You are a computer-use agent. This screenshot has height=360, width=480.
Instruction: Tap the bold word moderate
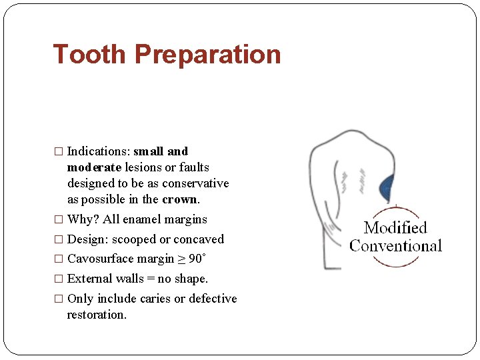pyautogui.click(x=93, y=167)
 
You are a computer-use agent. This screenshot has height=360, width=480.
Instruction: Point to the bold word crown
pyautogui.click(x=179, y=199)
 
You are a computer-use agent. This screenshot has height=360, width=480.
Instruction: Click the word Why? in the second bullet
pyautogui.click(x=83, y=219)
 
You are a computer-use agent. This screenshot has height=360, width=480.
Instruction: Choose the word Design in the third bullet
pyautogui.click(x=85, y=239)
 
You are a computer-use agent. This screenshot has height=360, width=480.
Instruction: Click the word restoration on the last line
pyautogui.click(x=97, y=315)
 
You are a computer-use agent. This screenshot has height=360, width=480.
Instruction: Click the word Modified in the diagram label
pyautogui.click(x=395, y=228)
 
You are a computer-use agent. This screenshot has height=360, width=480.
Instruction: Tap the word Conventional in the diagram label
pyautogui.click(x=396, y=246)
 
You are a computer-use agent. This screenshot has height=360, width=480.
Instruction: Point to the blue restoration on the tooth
pyautogui.click(x=386, y=189)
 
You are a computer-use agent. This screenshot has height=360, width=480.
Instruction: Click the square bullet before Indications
pyautogui.click(x=59, y=152)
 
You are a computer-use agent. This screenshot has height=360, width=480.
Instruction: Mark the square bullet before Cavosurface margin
pyautogui.click(x=59, y=259)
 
